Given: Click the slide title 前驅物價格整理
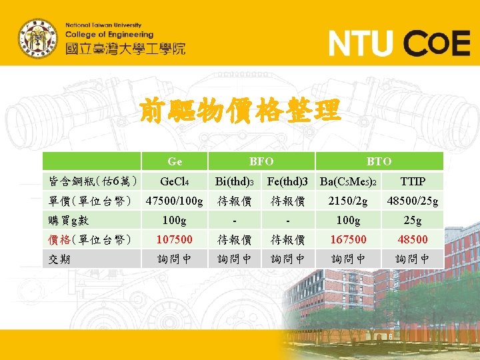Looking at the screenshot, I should tap(240, 111).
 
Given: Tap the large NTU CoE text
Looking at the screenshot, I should tap(399, 44).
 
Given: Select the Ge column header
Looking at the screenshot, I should tap(175, 161).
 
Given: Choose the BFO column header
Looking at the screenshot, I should tap(261, 161).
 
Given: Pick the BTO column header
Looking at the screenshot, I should tap(379, 161).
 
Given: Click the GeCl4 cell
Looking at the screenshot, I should tap(175, 181).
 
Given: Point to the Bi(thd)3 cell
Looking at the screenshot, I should tap(235, 181).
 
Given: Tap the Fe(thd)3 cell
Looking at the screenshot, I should tap(287, 181).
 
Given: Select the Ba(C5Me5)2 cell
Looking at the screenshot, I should tap(348, 181).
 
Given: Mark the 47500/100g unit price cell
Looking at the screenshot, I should tap(175, 201).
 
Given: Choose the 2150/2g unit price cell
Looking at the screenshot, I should tap(348, 201).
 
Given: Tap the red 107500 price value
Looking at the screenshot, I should tap(175, 239).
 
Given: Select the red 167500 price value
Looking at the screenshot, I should tap(348, 239).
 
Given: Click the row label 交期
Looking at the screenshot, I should tap(61, 259).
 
